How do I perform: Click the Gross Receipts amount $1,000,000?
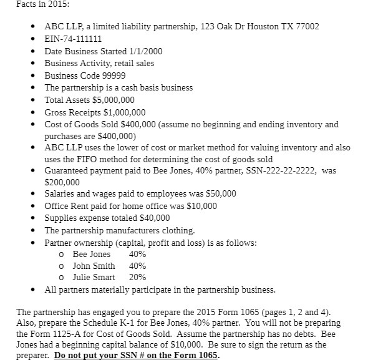(123, 112)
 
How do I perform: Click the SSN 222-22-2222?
(286, 170)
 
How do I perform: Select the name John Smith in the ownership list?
(94, 266)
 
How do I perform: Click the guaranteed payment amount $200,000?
(62, 182)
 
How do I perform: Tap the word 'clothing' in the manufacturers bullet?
(178, 230)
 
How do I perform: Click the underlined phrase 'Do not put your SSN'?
(105, 355)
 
